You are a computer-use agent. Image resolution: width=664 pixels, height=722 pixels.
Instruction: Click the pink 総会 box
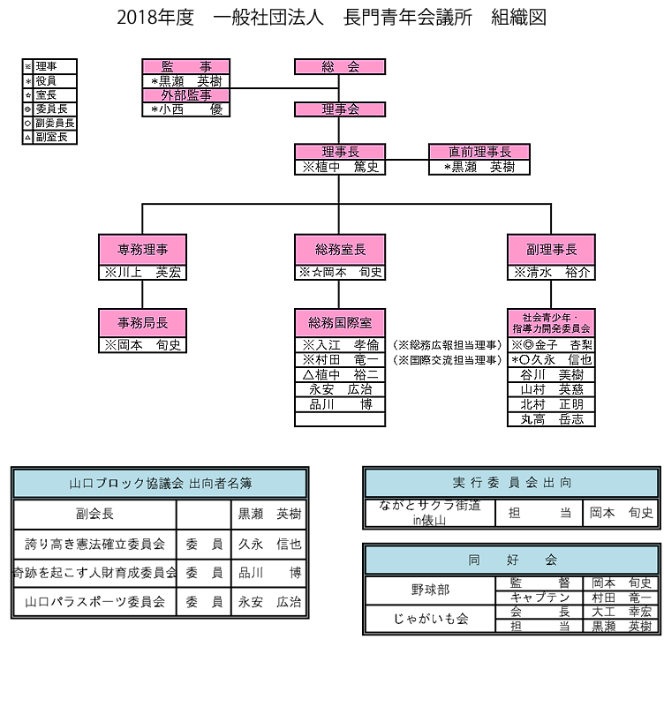(340, 67)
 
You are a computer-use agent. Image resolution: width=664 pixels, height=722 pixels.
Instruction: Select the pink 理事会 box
(340, 109)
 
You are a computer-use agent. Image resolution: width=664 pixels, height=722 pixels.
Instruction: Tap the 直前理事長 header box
(479, 152)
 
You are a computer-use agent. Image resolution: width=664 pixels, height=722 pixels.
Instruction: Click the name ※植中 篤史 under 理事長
(340, 167)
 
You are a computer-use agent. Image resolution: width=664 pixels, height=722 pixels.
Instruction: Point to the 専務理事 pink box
(142, 249)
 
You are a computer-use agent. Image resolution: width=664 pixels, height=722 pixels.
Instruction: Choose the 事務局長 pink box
(142, 322)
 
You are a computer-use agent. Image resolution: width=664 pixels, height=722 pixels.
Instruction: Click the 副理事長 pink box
(551, 249)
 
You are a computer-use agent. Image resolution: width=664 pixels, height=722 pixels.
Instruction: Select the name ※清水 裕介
(551, 273)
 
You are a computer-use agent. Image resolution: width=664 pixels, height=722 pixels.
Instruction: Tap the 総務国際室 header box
(340, 322)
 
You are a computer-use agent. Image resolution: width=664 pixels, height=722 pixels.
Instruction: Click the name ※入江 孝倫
(340, 345)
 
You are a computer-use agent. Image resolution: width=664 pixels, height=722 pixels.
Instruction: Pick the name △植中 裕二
(340, 374)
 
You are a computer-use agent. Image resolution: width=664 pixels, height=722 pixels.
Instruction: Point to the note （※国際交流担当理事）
(448, 360)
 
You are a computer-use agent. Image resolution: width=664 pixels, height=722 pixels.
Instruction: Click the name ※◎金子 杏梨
(551, 345)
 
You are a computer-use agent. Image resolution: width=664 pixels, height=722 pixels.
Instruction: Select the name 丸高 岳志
(551, 419)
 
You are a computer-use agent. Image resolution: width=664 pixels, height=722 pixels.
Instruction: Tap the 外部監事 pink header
(185, 95)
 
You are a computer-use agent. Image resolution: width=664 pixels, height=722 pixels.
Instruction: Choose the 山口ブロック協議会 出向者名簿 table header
(160, 484)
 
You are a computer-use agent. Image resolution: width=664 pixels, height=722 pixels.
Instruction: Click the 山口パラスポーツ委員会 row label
(94, 602)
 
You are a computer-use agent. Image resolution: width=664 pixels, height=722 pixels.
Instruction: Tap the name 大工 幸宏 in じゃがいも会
(621, 611)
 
